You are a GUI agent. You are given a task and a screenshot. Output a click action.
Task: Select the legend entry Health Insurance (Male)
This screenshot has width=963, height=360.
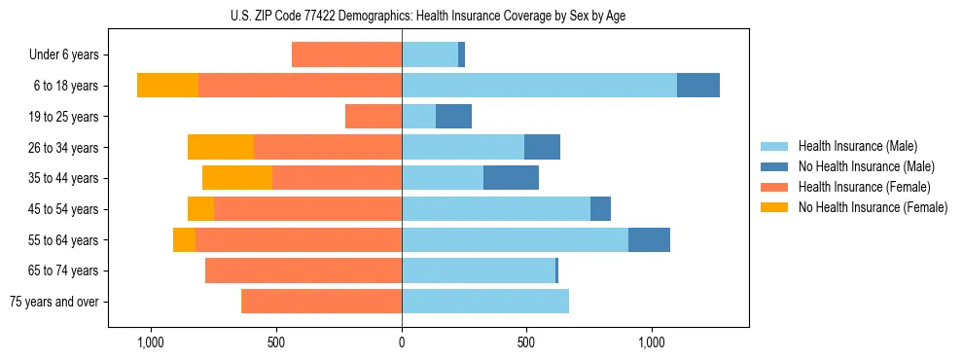(x=857, y=146)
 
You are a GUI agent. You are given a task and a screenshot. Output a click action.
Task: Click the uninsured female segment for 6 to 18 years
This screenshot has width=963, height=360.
(x=167, y=86)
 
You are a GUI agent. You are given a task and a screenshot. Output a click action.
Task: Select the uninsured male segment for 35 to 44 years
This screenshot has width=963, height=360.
(x=511, y=178)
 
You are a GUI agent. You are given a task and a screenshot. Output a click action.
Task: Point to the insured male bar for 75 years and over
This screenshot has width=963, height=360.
(x=485, y=302)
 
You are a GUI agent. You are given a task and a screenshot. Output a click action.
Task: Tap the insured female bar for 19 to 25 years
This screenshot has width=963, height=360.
(x=374, y=117)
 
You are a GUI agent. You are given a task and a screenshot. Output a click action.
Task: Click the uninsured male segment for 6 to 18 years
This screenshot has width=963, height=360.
(x=698, y=86)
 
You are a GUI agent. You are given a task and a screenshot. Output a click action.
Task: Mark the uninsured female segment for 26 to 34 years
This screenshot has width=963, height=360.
(x=221, y=147)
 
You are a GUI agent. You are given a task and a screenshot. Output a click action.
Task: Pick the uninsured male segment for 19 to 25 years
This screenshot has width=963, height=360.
(x=453, y=117)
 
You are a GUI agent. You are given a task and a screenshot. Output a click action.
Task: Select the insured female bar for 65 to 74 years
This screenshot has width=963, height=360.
(x=303, y=270)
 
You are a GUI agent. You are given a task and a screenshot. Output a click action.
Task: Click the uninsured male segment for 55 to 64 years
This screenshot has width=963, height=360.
(x=649, y=239)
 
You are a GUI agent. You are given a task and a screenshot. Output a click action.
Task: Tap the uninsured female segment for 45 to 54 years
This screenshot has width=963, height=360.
(x=200, y=209)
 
